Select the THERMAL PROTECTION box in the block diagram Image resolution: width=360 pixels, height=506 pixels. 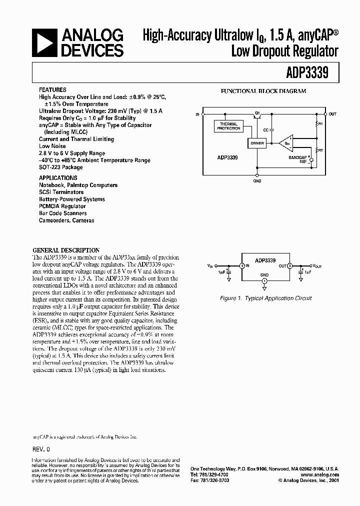[x=228, y=126]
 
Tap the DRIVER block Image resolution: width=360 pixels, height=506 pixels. [x=256, y=143]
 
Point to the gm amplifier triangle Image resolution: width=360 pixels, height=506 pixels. [x=286, y=143]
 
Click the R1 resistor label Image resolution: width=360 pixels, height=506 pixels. [x=321, y=123]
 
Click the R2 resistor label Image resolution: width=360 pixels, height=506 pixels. [x=321, y=149]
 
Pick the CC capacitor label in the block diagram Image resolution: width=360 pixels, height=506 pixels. [x=266, y=129]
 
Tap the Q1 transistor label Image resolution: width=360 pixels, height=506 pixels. [x=256, y=114]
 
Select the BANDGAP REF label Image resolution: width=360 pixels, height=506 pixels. [x=296, y=159]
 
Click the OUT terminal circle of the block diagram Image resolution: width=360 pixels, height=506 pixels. [x=325, y=114]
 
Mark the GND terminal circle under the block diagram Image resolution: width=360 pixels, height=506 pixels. [x=257, y=175]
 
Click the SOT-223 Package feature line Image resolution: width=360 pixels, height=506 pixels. [x=61, y=167]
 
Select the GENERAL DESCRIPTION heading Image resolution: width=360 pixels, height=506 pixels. [x=66, y=250]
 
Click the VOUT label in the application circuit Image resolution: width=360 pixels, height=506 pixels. [x=318, y=266]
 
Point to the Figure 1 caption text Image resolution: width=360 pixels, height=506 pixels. [x=266, y=298]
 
